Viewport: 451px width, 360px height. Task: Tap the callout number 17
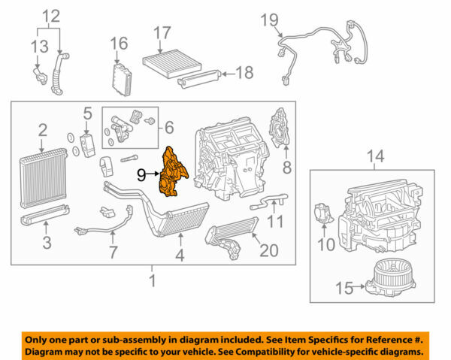pyautogui.click(x=163, y=33)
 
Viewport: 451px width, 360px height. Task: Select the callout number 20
pyautogui.click(x=270, y=249)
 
